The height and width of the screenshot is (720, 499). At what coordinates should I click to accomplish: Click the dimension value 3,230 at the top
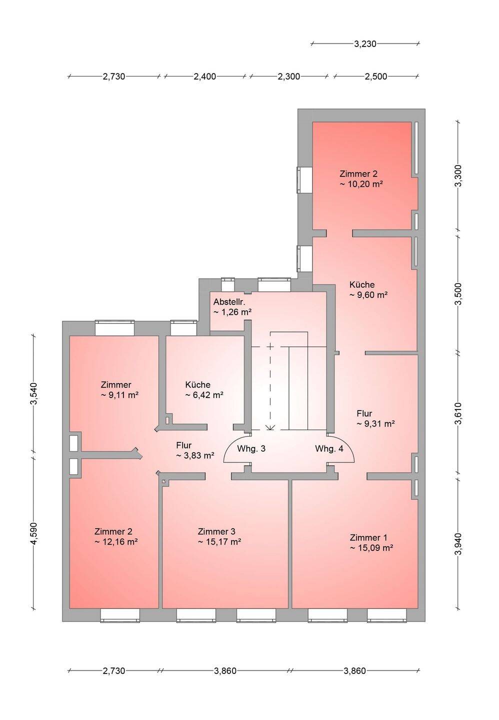pyautogui.click(x=365, y=43)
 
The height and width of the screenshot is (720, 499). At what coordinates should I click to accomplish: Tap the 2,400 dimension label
pyautogui.click(x=204, y=77)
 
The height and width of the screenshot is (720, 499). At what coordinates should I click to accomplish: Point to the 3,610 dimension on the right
pyautogui.click(x=458, y=413)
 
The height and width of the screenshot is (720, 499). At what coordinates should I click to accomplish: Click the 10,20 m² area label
pyautogui.click(x=361, y=184)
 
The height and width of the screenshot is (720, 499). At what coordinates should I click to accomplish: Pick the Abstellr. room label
pyautogui.click(x=229, y=302)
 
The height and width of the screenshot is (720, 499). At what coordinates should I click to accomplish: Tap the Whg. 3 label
pyautogui.click(x=251, y=448)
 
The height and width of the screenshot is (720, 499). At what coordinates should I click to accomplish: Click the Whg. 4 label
pyautogui.click(x=329, y=448)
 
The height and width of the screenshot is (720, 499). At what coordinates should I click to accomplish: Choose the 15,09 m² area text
pyautogui.click(x=371, y=547)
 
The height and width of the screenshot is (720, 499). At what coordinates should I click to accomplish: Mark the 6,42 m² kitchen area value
pyautogui.click(x=204, y=395)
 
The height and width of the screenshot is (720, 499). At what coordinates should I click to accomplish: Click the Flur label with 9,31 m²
pyautogui.click(x=364, y=413)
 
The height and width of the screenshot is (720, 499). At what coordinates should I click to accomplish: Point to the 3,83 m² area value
pyautogui.click(x=195, y=455)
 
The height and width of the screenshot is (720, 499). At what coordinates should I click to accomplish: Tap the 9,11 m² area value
pyautogui.click(x=119, y=395)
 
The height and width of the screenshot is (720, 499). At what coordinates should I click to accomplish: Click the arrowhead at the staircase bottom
pyautogui.click(x=270, y=427)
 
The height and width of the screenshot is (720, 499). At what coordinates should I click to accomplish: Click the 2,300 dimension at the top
pyautogui.click(x=288, y=77)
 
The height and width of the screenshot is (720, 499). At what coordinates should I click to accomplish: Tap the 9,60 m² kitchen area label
pyautogui.click(x=368, y=295)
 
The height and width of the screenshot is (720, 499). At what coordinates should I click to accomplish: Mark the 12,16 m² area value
pyautogui.click(x=116, y=541)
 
